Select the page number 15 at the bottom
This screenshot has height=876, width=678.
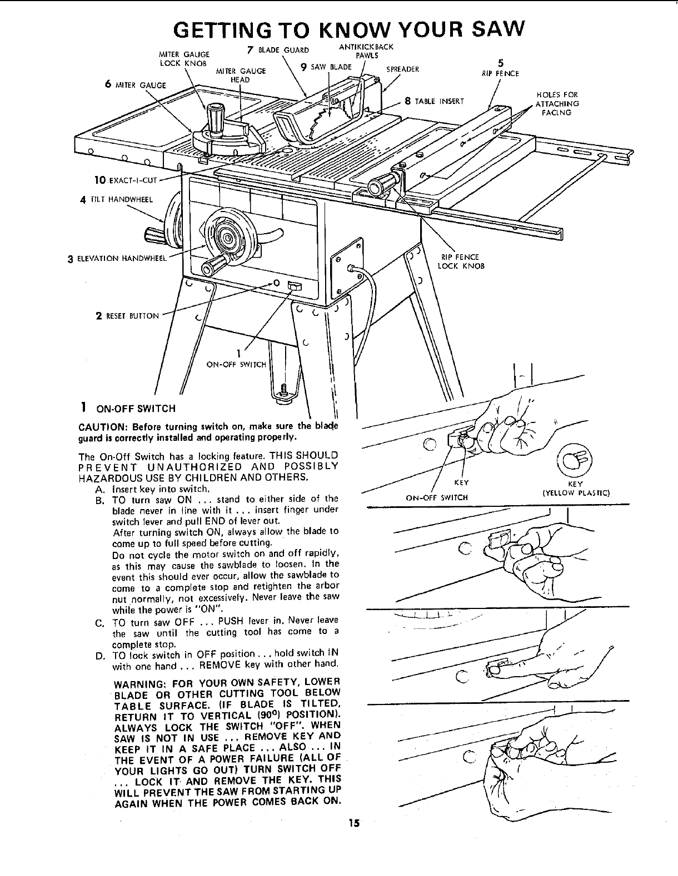coord(355,823)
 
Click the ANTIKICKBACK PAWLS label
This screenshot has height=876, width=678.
coord(366,51)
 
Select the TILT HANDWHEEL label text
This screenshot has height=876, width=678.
coord(119,200)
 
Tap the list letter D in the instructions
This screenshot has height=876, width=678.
coord(100,656)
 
